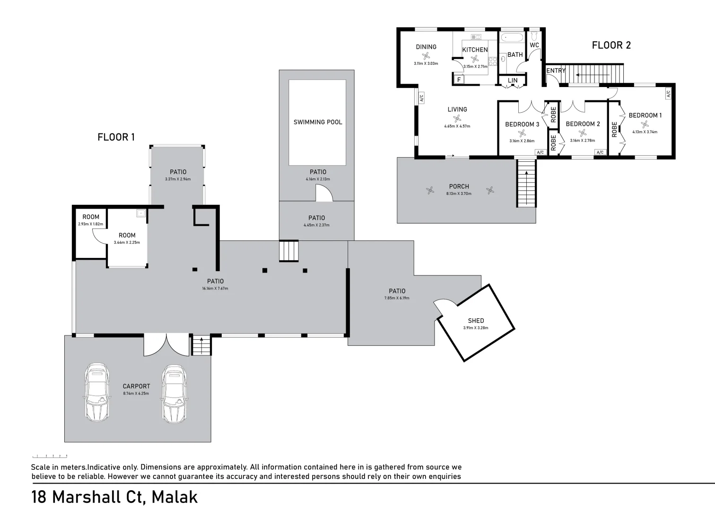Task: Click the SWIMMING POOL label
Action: tap(317, 122)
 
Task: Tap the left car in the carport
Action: tap(97, 392)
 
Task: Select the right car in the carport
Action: tap(174, 393)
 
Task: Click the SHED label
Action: tap(476, 321)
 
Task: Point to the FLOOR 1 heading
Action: tap(116, 137)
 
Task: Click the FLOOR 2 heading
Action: tap(611, 45)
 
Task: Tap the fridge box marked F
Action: tap(459, 80)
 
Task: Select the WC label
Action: tap(534, 45)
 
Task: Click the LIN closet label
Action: tap(513, 80)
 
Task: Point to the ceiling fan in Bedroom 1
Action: tap(644, 124)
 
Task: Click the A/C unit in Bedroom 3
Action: tap(540, 152)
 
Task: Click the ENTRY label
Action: tap(556, 70)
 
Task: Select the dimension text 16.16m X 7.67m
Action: tap(215, 289)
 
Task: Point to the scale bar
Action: tap(50, 456)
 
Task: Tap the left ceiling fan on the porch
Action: tap(430, 191)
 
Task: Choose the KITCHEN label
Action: tap(475, 50)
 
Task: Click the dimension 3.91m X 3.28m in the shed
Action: tap(475, 328)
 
